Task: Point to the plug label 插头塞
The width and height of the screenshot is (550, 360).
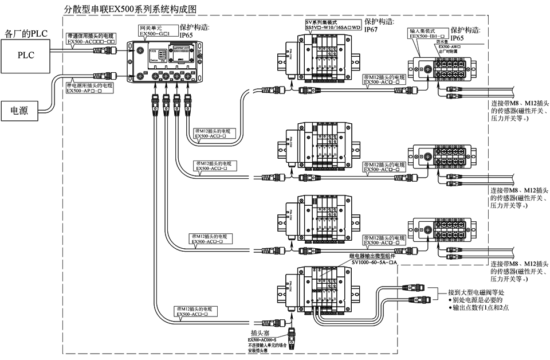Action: pos(260,333)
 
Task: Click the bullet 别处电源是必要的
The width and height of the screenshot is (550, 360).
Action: pos(474,300)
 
